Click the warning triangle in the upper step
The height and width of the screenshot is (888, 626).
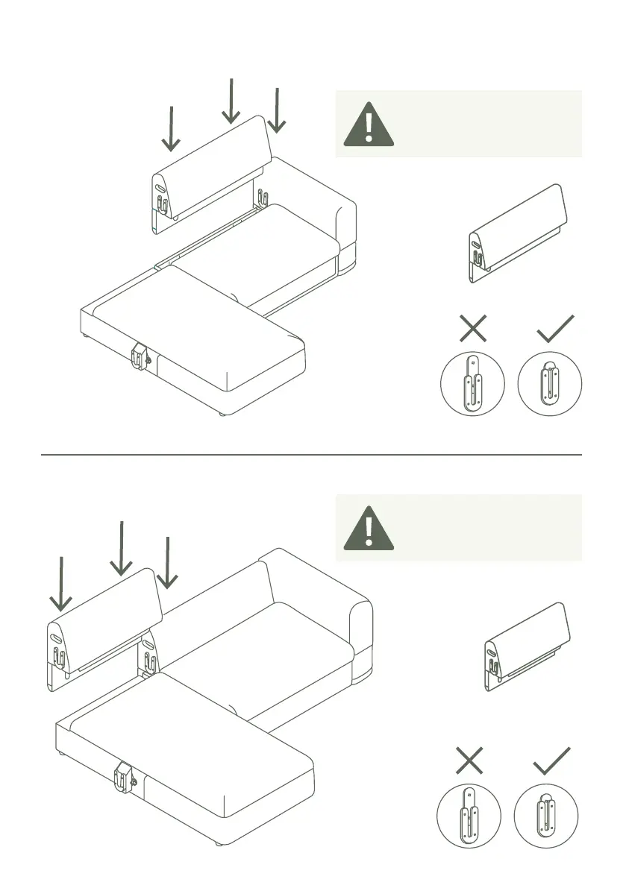point(369,125)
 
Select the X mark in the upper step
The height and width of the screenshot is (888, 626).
point(473,328)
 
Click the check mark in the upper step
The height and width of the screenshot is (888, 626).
point(555,328)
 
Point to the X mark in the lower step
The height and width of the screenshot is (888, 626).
point(469,761)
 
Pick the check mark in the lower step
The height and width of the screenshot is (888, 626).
point(552,761)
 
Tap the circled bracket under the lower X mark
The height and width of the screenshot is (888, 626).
point(469,816)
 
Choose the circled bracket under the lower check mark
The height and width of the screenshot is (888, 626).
point(546,816)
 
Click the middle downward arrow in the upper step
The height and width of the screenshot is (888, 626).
point(231,101)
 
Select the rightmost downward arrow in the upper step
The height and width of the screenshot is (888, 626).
point(277,110)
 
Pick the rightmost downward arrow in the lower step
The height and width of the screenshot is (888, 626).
point(167,562)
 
